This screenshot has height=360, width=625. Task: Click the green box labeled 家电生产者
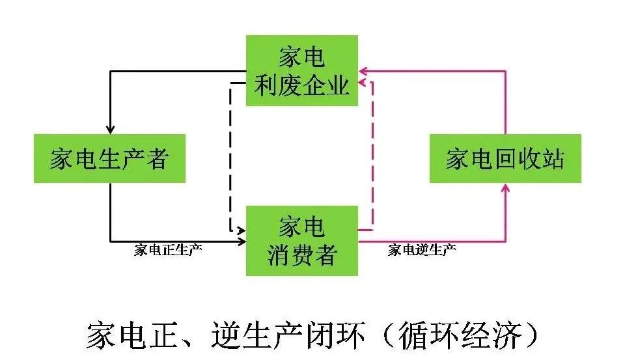point(109,158)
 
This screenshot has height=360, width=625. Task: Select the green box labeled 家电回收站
point(505,158)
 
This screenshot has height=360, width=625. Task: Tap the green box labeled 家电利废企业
point(302,71)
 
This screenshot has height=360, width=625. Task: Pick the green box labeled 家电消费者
point(302,240)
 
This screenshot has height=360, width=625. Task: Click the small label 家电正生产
point(168,251)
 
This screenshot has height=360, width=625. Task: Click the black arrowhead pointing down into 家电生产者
point(110,129)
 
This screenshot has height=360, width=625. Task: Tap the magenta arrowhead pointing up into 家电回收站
point(506,188)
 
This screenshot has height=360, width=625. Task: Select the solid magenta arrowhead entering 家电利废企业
point(364,70)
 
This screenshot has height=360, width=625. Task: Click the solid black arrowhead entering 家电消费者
point(242,242)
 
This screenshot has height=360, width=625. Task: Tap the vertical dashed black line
point(230,156)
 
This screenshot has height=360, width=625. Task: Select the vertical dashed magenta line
point(372,156)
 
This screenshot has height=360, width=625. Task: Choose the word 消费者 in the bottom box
point(302,255)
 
